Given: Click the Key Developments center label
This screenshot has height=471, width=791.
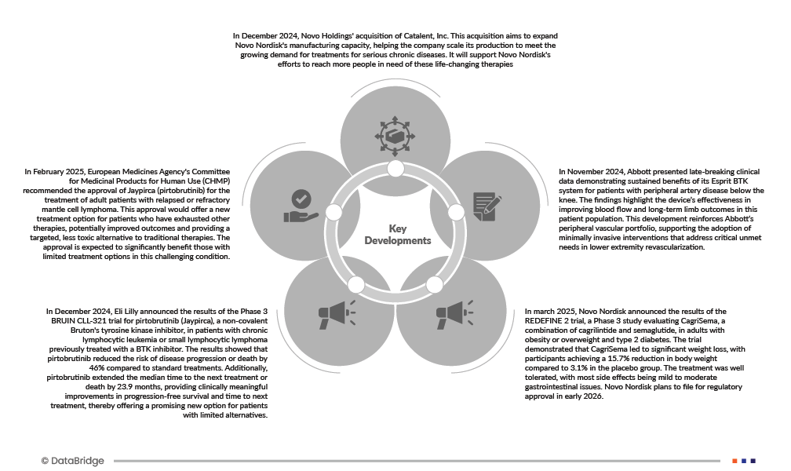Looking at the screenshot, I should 397,234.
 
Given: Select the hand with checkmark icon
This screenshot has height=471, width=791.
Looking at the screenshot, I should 301,206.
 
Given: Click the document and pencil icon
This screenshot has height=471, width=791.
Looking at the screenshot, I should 487,206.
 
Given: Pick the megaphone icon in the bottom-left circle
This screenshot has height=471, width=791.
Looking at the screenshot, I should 337,313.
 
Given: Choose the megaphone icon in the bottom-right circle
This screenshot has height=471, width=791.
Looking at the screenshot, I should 454,313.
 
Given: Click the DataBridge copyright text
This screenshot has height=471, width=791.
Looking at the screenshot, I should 72,461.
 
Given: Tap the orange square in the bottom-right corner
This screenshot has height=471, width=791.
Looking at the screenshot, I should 734,461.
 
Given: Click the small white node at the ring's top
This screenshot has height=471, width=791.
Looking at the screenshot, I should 395,168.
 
